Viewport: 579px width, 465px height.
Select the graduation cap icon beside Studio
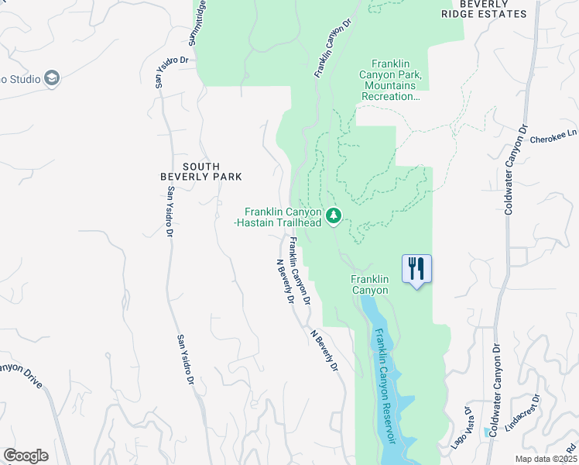(x=52, y=77)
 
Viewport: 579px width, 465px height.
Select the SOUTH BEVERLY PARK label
(x=201, y=171)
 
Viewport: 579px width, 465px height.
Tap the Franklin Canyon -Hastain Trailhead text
(x=283, y=217)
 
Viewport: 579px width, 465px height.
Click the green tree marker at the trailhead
(x=334, y=215)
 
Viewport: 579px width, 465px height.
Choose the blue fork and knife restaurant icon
(x=416, y=270)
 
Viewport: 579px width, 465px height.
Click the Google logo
(x=26, y=456)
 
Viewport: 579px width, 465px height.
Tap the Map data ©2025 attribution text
(x=546, y=459)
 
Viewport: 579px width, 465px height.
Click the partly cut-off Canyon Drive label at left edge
(x=20, y=372)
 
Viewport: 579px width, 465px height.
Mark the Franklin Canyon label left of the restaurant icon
(x=368, y=284)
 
